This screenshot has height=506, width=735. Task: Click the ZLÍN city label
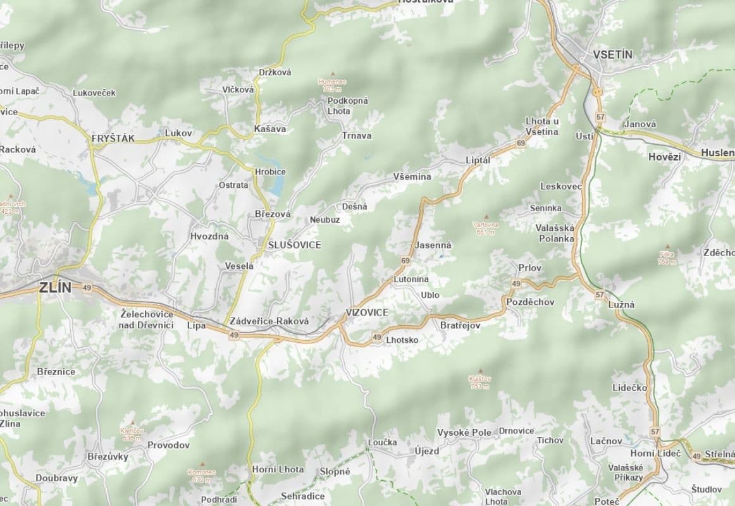pos(55,287)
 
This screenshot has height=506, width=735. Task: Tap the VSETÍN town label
pos(612,54)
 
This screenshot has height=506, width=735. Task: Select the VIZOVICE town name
pos(367,313)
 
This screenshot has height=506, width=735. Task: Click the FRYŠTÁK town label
pos(113,138)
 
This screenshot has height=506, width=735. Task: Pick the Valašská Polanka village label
pos(556,233)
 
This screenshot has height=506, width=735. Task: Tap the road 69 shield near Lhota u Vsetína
pos(521,144)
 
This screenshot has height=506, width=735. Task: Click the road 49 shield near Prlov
pos(516,283)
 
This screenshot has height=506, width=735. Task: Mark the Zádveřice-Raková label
pos(269,321)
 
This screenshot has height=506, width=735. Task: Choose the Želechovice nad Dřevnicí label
pos(146,319)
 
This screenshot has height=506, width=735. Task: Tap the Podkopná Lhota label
pos(347,106)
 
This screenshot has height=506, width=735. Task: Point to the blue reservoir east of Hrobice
pos(277,183)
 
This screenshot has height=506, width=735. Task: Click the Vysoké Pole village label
pos(464,433)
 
